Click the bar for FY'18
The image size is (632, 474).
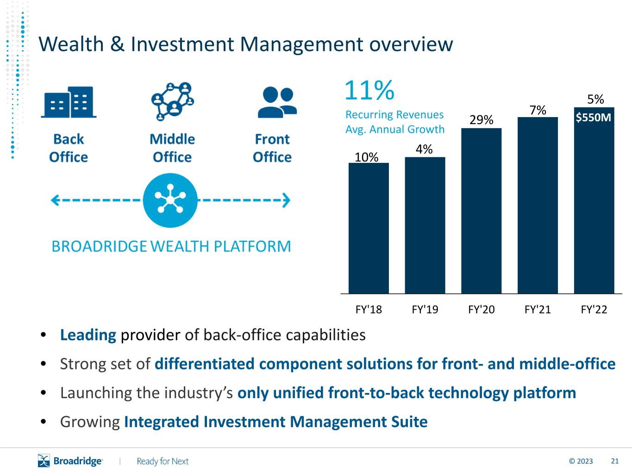click(x=369, y=228)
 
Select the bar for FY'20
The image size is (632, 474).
click(x=481, y=211)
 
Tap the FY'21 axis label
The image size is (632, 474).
click(x=538, y=310)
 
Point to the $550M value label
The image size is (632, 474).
click(x=594, y=118)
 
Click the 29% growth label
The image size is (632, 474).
click(x=481, y=120)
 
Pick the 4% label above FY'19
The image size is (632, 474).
click(x=424, y=149)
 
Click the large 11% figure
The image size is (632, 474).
click(x=369, y=90)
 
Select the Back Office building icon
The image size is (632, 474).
click(x=69, y=102)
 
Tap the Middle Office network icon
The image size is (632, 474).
click(x=172, y=101)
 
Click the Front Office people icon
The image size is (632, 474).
click(x=277, y=102)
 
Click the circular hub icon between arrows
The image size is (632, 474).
click(x=170, y=200)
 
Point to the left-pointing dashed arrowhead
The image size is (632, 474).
click(x=55, y=200)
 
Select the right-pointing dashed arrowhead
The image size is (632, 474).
click(x=286, y=200)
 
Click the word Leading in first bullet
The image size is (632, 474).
click(x=88, y=335)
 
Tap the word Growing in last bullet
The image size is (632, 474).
click(x=90, y=422)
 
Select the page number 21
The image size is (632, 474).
click(x=615, y=461)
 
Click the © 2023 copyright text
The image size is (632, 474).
click(x=581, y=461)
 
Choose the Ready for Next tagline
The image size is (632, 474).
click(x=163, y=461)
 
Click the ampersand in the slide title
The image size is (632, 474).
click(x=117, y=44)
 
